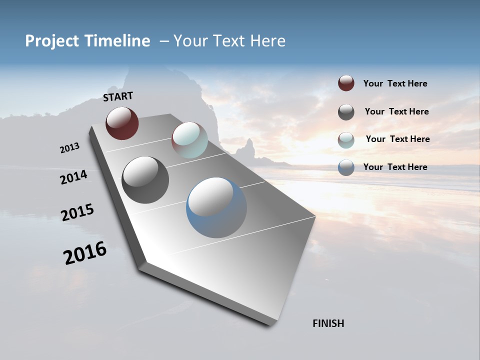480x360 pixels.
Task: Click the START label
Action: point(118,96)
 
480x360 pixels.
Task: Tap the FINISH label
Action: point(328,323)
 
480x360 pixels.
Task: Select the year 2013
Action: point(69,148)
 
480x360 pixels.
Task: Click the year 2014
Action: point(73,177)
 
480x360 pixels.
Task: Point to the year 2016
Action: point(85,253)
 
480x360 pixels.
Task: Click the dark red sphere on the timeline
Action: point(122,123)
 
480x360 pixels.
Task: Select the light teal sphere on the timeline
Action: point(189,140)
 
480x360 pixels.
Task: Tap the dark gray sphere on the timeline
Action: point(145,180)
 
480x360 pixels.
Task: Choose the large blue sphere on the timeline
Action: point(216,207)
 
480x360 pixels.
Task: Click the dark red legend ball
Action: point(346,83)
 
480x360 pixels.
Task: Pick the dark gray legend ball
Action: point(346,112)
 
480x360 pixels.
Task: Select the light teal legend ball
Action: point(346,140)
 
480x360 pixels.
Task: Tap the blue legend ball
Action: point(346,167)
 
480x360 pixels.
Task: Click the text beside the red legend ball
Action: point(395,83)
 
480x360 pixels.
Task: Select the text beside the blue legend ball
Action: point(395,167)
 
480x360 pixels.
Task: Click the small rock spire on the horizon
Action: point(248,148)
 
